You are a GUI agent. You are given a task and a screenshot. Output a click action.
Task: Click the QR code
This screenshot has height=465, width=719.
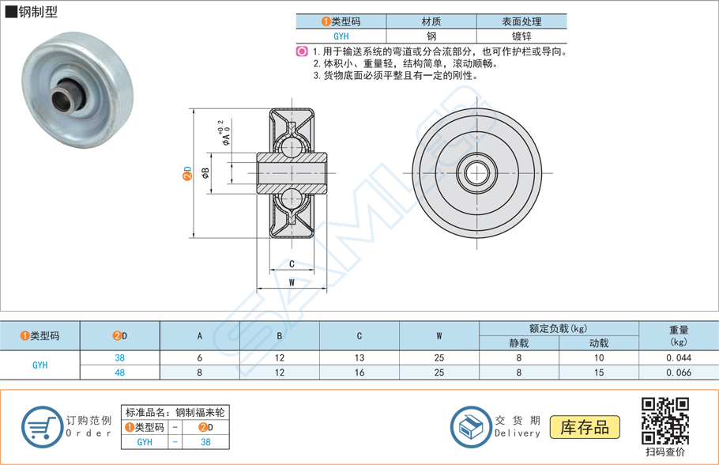point(664,420)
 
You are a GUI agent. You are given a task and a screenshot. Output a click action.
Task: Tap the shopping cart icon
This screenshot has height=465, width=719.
point(41,427)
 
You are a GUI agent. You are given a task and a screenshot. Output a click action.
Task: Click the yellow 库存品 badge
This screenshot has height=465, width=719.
point(585,427)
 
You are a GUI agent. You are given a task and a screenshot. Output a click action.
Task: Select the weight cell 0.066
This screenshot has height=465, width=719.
point(678,372)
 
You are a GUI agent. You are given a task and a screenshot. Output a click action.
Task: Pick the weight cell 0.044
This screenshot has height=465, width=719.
point(678,357)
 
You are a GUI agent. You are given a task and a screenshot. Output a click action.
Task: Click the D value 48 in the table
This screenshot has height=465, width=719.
point(119,372)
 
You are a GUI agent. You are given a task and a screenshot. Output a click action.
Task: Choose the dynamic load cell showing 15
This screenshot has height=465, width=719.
point(598,372)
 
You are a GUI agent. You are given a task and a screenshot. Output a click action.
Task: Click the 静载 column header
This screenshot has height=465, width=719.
point(518,343)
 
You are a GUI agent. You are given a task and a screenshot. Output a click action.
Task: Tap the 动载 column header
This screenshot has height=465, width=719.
point(598,343)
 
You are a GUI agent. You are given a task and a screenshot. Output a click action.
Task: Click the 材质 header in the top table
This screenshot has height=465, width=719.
point(431,22)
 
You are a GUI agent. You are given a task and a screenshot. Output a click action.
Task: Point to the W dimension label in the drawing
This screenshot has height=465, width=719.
point(292,282)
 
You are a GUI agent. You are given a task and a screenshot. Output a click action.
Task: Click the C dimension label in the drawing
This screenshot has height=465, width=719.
point(292,264)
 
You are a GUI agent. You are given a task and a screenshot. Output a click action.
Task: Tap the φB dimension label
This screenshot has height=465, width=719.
point(205,172)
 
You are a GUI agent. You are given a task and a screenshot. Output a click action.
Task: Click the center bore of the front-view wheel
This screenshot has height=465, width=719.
point(477,172)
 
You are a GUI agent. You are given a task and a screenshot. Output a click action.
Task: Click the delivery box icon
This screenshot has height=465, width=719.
point(471,427)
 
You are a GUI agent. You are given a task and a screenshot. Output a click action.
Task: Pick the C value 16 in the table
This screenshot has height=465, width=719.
point(359,372)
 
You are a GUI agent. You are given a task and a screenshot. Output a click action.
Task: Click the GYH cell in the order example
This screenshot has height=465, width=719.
point(145,443)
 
